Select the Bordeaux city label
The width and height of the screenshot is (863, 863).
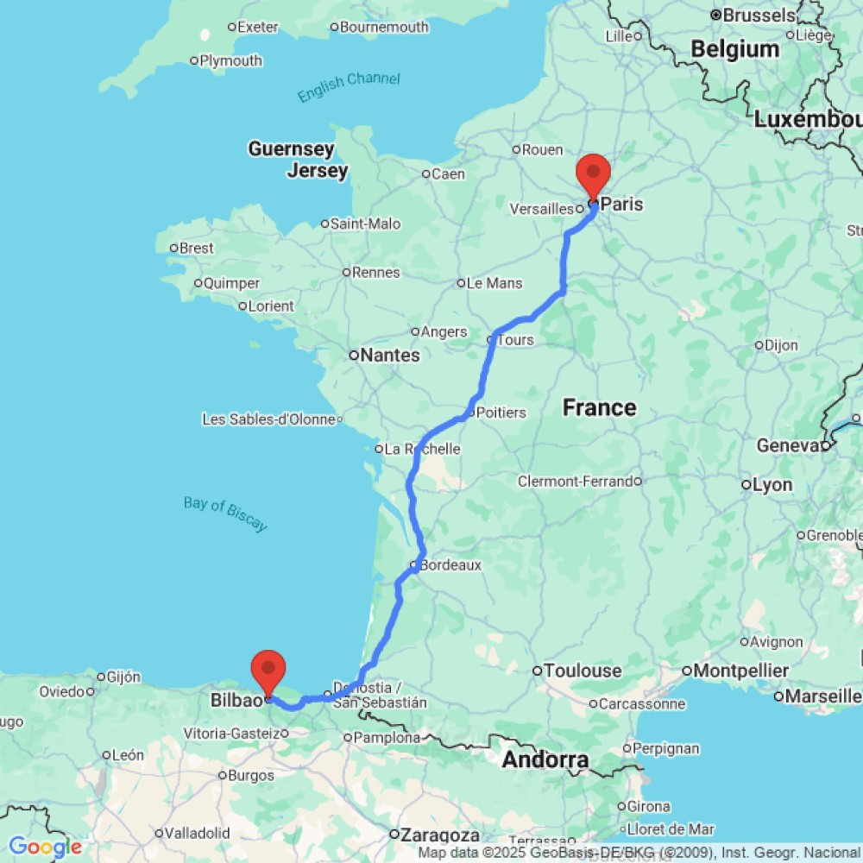click(x=450, y=565)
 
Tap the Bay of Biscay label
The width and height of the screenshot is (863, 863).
click(x=225, y=514)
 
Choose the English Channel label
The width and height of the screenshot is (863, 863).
click(x=349, y=87)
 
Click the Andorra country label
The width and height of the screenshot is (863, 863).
click(x=546, y=759)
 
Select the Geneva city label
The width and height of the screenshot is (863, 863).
click(x=787, y=445)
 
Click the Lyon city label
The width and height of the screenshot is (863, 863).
click(x=772, y=485)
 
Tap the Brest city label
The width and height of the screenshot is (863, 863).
click(x=196, y=248)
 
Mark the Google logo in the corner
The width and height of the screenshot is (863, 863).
click(x=45, y=847)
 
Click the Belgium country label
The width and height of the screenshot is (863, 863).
click(x=734, y=49)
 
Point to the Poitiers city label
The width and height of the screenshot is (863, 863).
click(x=501, y=413)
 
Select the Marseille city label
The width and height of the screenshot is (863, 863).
click(x=822, y=696)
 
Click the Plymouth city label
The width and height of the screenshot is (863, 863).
click(x=230, y=60)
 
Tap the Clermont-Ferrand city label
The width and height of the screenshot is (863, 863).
click(x=575, y=482)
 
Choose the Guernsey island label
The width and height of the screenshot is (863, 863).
click(x=291, y=149)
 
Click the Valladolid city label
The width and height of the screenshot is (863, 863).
click(x=198, y=833)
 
